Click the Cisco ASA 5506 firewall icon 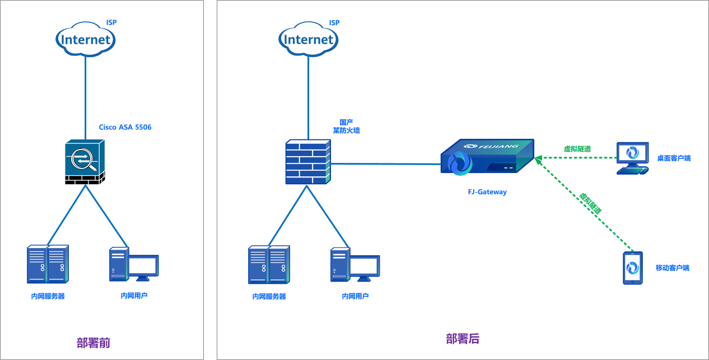(84, 162)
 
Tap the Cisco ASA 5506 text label (125, 127)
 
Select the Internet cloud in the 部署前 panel (86, 40)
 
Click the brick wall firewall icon (307, 162)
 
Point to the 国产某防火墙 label (346, 126)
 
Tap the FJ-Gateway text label (487, 192)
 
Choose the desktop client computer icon (633, 158)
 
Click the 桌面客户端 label (674, 158)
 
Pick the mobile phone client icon (632, 268)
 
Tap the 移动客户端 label (672, 268)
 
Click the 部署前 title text (94, 343)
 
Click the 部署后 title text (463, 339)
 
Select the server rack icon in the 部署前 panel (48, 264)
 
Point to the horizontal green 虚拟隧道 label (577, 149)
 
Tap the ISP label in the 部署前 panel (111, 23)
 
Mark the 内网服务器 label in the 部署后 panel (269, 297)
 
